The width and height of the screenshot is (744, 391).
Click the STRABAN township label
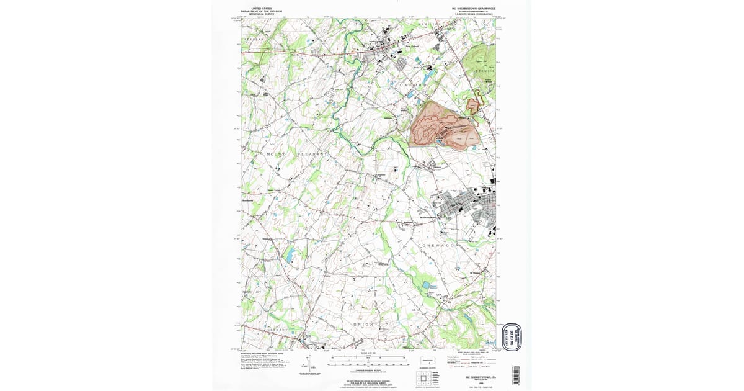254,39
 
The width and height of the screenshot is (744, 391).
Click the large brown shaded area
443,127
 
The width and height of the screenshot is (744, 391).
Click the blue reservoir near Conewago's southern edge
426,285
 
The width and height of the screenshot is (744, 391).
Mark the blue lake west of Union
289,254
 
